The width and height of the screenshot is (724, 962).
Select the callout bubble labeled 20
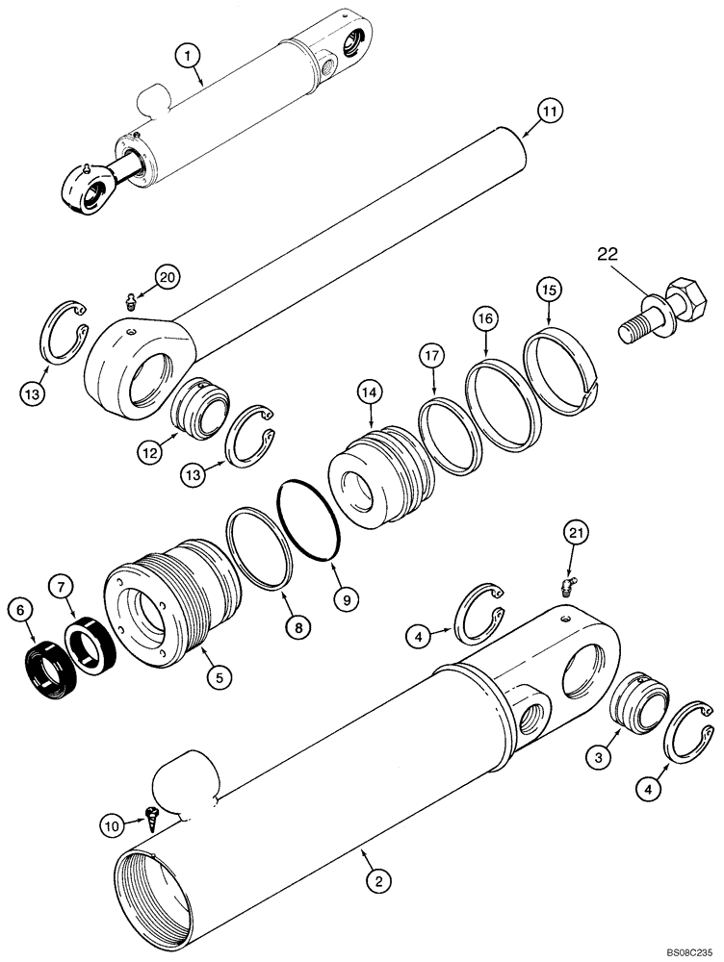[168, 278]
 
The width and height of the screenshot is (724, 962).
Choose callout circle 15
[548, 289]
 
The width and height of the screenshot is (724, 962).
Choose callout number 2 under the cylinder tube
[379, 878]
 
